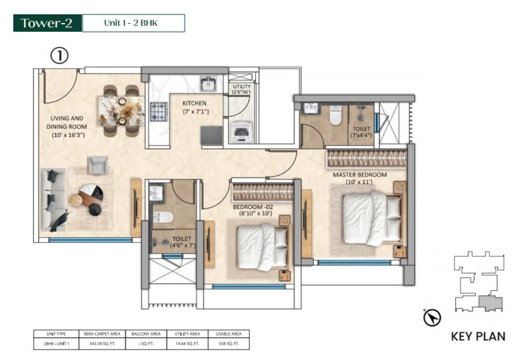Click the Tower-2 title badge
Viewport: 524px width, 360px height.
47,23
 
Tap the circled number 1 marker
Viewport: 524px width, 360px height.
59,56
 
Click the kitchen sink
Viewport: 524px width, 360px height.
209,84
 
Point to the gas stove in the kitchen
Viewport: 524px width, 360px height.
159,111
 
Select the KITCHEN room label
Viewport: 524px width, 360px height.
194,103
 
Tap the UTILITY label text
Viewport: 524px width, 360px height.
241,87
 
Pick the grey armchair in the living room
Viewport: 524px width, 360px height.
97,165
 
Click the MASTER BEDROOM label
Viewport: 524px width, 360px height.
359,175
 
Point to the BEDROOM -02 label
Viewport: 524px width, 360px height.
253,207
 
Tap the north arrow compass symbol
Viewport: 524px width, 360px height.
432,317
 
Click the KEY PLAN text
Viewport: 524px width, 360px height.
478,336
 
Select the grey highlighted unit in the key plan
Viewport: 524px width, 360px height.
490,303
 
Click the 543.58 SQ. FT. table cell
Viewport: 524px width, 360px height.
102,344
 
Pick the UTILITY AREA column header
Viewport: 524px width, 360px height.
187,334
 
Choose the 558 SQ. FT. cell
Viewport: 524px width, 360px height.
228,344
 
